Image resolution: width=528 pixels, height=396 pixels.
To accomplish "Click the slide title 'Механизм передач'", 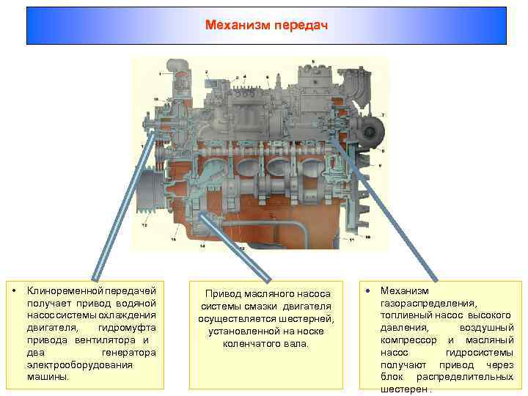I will click(266, 25).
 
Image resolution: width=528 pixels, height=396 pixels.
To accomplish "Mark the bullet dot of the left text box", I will click(13, 291).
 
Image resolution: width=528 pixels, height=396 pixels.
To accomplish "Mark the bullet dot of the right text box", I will click(368, 291).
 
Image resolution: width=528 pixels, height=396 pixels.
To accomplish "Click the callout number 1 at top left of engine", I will click(159, 74).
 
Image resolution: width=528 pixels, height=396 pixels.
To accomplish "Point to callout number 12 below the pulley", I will click(144, 226).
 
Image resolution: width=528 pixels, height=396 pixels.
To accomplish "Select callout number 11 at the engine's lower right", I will click(353, 240).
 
